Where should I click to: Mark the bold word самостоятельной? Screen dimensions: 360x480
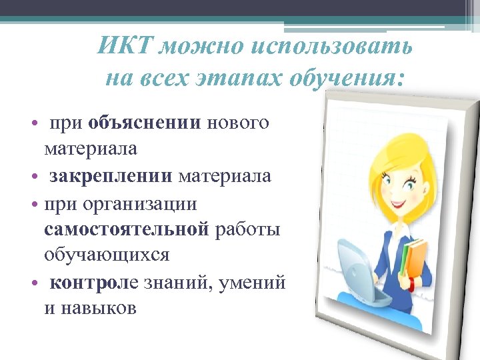coord(127,229)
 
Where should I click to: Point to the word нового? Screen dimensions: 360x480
coord(239,123)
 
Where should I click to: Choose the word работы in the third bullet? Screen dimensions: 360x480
coord(249,229)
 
